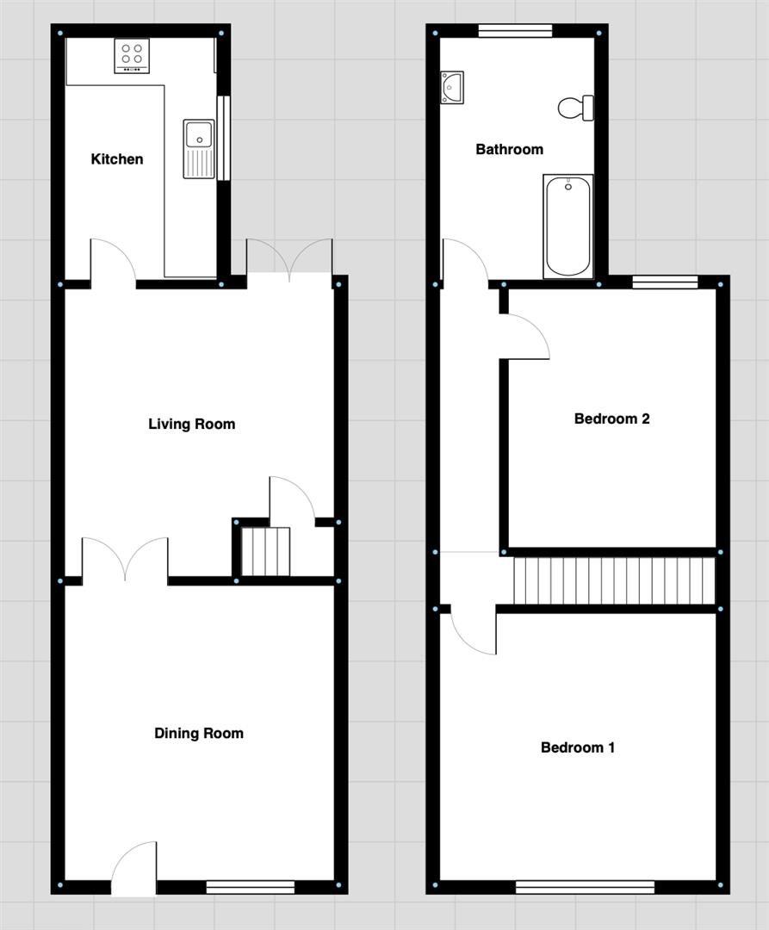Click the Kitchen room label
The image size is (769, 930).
click(x=117, y=159)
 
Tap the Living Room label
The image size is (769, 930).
click(x=191, y=424)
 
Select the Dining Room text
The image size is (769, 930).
click(x=199, y=734)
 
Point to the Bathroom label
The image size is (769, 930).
click(x=510, y=150)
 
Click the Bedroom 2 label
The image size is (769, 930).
click(x=611, y=419)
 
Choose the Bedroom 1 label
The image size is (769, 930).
click(x=578, y=747)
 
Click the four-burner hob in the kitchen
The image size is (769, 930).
click(x=132, y=56)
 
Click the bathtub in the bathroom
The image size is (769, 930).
click(x=567, y=226)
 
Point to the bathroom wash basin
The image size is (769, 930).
click(x=451, y=87)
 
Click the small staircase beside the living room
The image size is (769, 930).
click(x=264, y=552)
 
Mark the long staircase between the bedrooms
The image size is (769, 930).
click(x=614, y=581)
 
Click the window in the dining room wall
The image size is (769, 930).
click(x=251, y=886)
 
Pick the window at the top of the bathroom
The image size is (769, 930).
click(x=515, y=31)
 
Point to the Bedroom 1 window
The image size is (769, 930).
click(x=585, y=886)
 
